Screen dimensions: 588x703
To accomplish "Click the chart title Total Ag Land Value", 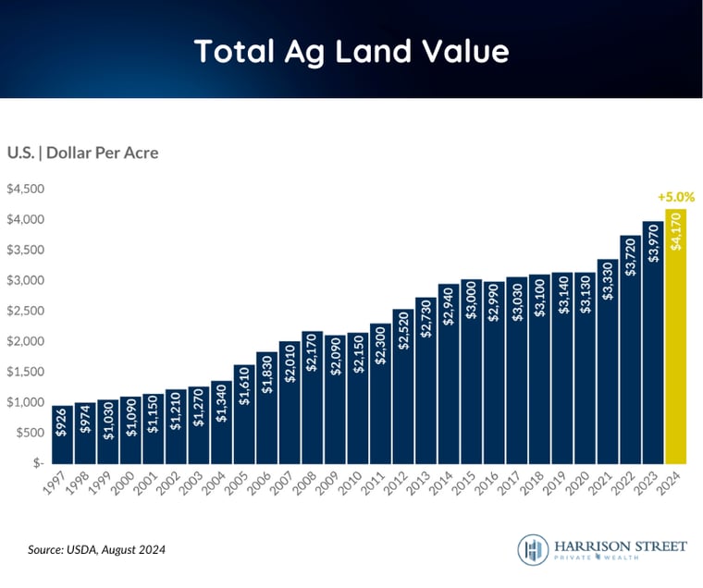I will click(351, 51).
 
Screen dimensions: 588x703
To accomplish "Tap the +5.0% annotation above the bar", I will click(675, 197).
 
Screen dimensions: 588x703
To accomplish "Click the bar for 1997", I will click(63, 435).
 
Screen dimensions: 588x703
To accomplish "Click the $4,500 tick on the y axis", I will click(26, 189).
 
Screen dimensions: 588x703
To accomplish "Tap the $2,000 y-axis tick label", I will click(26, 341).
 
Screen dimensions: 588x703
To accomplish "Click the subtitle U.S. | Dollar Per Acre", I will click(82, 153).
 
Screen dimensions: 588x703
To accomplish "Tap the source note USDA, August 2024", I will click(96, 550).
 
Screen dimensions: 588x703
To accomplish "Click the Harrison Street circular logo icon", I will click(533, 550).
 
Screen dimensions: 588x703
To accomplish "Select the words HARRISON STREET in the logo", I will click(620, 546).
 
